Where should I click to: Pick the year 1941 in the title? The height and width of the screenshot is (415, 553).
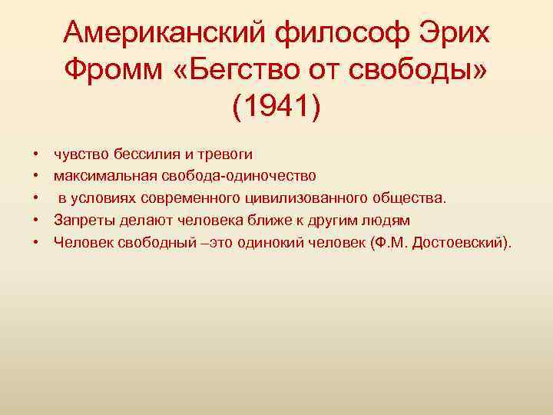276,105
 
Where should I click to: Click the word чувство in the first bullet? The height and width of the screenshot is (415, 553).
78,153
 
